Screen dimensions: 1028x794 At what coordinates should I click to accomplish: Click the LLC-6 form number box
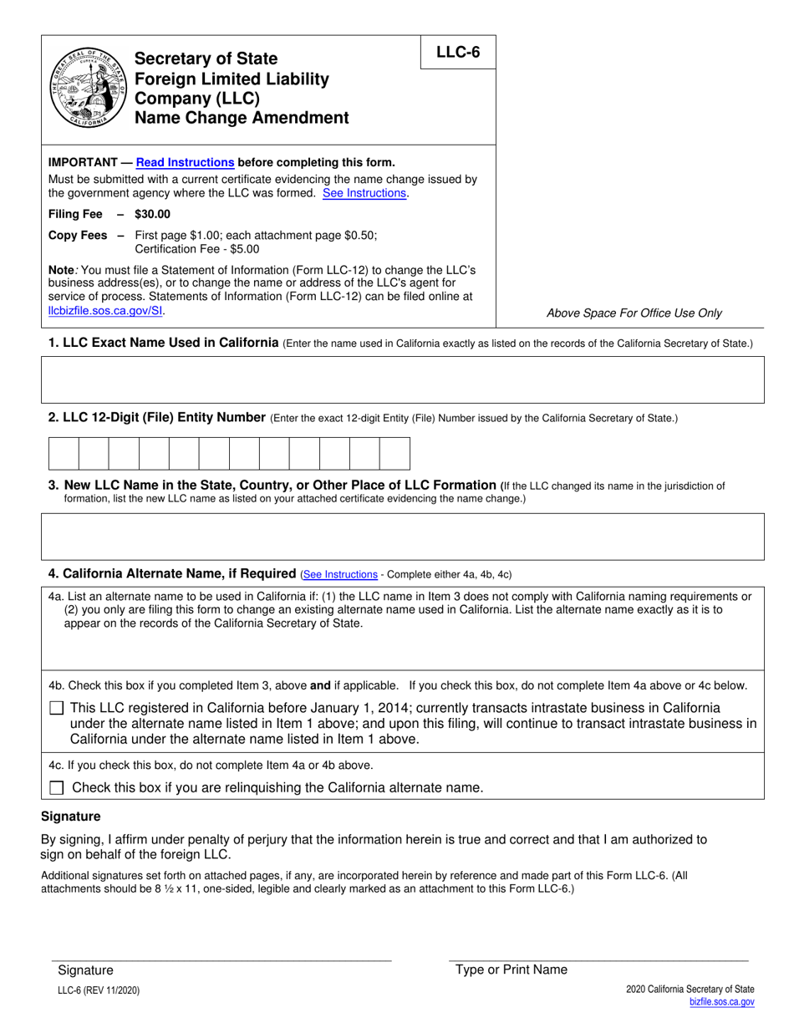pyautogui.click(x=458, y=53)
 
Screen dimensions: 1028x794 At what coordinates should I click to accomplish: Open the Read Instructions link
pyautogui.click(x=185, y=163)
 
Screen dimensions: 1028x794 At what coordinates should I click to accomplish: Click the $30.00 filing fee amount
pyautogui.click(x=152, y=214)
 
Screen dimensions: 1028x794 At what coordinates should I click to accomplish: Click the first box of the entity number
pyautogui.click(x=64, y=454)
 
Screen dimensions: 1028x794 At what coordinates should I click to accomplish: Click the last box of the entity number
pyautogui.click(x=394, y=454)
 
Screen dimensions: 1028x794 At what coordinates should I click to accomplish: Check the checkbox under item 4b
pyautogui.click(x=57, y=708)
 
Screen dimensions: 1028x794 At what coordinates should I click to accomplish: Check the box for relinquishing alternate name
pyautogui.click(x=57, y=787)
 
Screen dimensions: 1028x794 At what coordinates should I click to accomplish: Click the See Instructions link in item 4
pyautogui.click(x=340, y=575)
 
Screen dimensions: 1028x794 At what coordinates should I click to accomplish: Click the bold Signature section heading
pyautogui.click(x=71, y=816)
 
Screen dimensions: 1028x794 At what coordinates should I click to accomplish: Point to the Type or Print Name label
pyautogui.click(x=511, y=969)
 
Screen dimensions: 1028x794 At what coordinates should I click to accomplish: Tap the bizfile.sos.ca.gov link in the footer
pyautogui.click(x=721, y=1001)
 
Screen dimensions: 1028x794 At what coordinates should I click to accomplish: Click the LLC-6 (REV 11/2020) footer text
pyautogui.click(x=99, y=990)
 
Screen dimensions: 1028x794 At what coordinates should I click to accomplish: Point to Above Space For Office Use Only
pyautogui.click(x=634, y=313)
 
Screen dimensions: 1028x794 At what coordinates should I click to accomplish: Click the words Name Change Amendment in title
pyautogui.click(x=242, y=118)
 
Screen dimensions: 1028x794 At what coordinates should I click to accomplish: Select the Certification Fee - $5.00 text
pyautogui.click(x=197, y=249)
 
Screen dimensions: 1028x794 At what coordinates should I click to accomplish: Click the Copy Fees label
pyautogui.click(x=78, y=236)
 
